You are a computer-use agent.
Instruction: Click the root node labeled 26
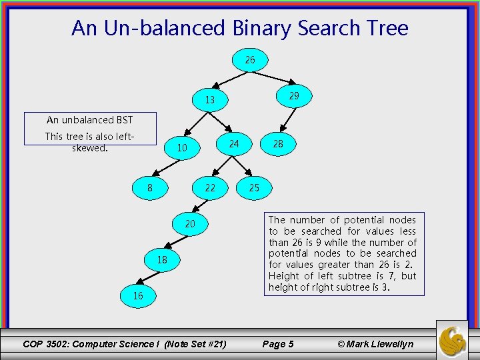coord(250,60)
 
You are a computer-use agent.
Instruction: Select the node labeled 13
coord(210,100)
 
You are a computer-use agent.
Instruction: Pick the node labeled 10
coord(182,148)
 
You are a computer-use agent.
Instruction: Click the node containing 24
coord(233,143)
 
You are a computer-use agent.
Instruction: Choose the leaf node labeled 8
coord(150,188)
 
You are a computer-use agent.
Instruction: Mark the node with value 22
coord(210,188)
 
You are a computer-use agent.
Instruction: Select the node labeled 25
coord(254,188)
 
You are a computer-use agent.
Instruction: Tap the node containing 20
coord(190,224)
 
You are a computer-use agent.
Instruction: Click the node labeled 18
coord(162,260)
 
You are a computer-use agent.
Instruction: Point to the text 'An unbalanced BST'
coord(89,120)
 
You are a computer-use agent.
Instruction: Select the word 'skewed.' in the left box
coord(89,148)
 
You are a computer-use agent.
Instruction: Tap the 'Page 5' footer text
coord(278,344)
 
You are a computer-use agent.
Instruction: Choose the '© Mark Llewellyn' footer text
coord(375,344)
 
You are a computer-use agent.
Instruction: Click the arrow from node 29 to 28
coord(287,120)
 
